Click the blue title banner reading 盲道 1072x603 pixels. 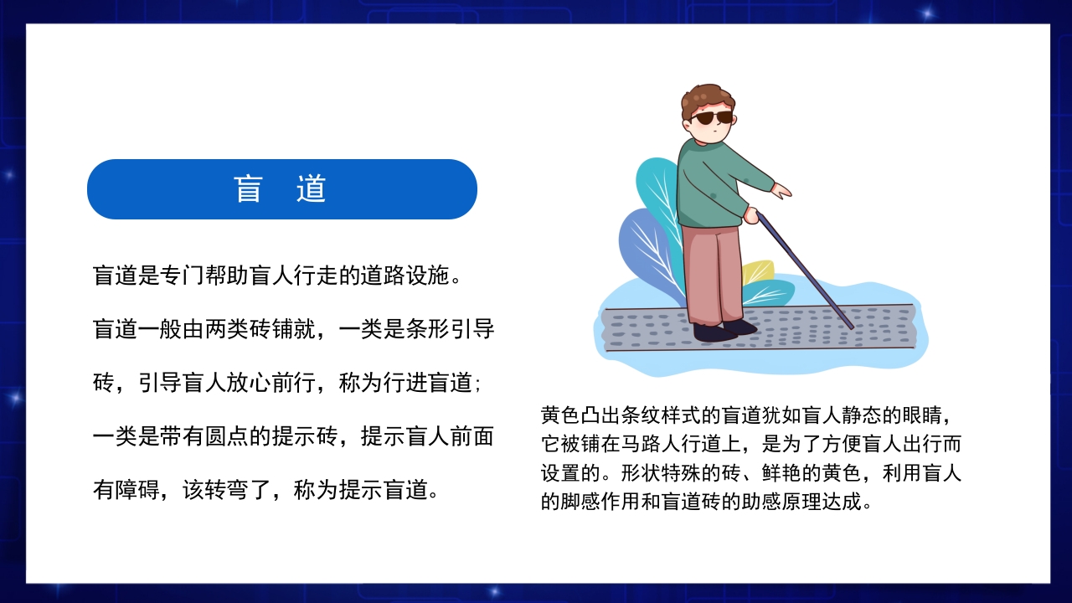coord(281,189)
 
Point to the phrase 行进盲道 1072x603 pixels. coord(428,384)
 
